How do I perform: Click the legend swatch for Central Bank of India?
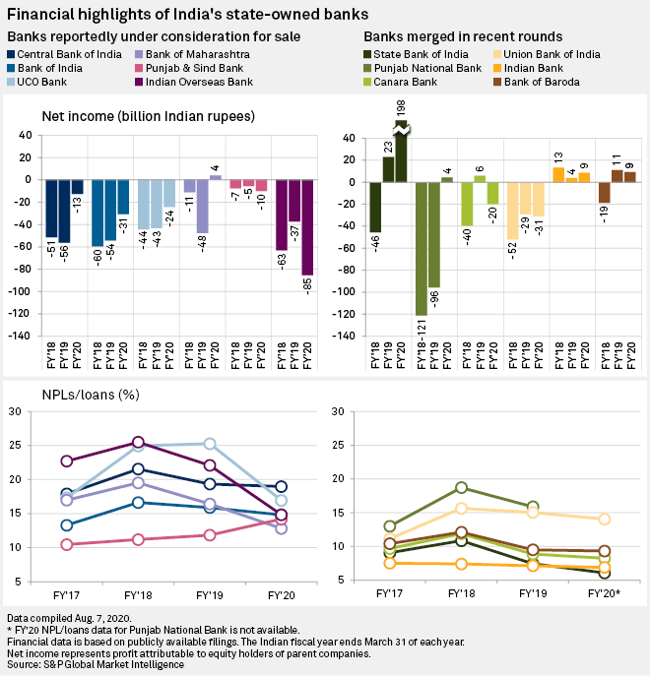click(x=14, y=52)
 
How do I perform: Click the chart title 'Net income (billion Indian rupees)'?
click(x=148, y=116)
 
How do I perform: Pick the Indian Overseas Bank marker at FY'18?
click(x=138, y=443)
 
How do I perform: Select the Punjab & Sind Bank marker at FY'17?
click(x=67, y=544)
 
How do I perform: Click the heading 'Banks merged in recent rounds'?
click(x=454, y=36)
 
